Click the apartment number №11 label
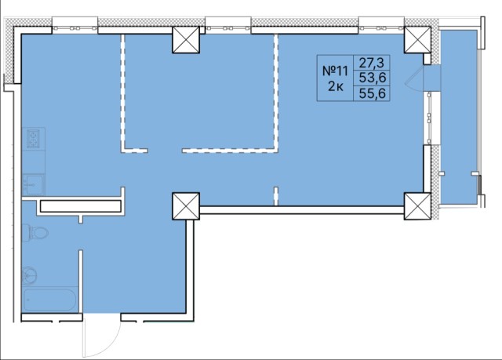(335, 71)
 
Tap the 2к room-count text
(336, 86)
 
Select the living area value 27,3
(371, 63)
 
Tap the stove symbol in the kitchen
(33, 139)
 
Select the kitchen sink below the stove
(33, 184)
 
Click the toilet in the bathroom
(35, 233)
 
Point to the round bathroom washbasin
(30, 275)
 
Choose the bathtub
(49, 300)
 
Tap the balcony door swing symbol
(414, 80)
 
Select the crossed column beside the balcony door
(417, 39)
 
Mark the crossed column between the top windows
(186, 39)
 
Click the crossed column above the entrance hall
(186, 205)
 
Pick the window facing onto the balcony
(429, 118)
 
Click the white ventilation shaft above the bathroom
(80, 206)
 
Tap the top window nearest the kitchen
(75, 26)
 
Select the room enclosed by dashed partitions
(199, 92)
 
